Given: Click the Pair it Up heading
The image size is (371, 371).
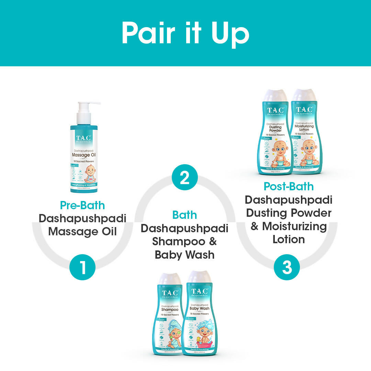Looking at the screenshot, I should (185, 33).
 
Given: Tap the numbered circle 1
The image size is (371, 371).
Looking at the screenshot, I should (82, 268).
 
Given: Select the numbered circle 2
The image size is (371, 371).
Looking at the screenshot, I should (184, 177).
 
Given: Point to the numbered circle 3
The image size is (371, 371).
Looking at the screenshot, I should (287, 268).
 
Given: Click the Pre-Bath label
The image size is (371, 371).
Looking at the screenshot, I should (82, 205).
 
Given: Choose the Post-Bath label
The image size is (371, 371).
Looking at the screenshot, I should (289, 186).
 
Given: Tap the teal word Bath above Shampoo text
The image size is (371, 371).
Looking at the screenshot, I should (184, 215).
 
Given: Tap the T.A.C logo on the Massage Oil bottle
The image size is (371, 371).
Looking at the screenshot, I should (83, 138).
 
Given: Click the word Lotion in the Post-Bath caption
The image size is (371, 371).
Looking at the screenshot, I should (289, 239).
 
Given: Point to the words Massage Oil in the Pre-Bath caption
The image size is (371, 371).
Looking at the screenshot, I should (82, 231).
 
